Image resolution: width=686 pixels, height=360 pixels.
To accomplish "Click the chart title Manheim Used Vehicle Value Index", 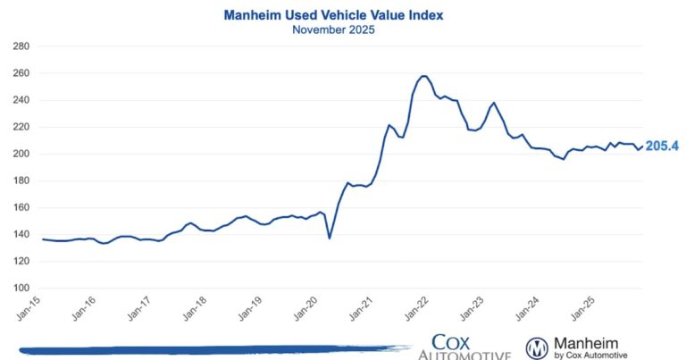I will [333, 15].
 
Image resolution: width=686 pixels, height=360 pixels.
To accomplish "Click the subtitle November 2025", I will [333, 29].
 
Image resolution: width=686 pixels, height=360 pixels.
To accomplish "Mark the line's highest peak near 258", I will [423, 76].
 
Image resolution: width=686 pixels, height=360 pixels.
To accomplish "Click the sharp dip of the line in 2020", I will [330, 238].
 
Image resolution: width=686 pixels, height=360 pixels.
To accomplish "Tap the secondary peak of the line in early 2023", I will [493, 103].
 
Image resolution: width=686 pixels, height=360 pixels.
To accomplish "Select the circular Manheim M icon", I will [537, 347].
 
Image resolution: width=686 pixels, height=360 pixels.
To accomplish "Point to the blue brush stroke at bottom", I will [205, 349].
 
